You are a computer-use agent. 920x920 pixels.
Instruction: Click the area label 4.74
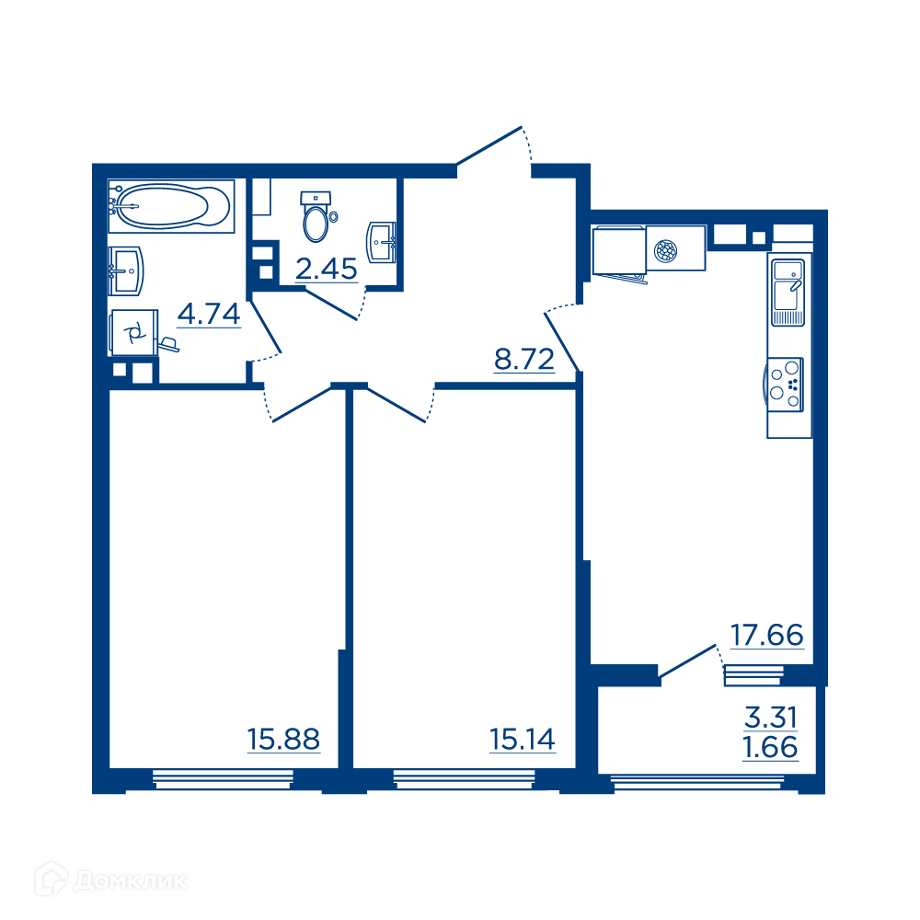(209, 314)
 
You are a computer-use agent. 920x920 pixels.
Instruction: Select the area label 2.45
(327, 270)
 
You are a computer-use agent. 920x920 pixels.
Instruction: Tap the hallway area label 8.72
(524, 359)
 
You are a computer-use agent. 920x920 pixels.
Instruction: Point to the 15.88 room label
(283, 740)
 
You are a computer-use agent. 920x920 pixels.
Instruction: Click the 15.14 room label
(523, 740)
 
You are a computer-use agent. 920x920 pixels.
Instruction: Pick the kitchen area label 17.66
(767, 636)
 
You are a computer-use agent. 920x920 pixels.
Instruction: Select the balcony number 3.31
(770, 718)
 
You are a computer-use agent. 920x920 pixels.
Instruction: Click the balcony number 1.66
(770, 747)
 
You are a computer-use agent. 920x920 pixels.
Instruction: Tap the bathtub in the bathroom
(171, 206)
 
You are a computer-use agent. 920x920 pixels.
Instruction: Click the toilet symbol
(316, 216)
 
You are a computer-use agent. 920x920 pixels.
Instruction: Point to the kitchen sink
(788, 293)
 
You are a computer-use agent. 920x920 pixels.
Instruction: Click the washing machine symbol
(133, 333)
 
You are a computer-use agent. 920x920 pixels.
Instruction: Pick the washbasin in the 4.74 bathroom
(126, 271)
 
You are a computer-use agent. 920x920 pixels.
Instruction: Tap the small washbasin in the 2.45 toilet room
(381, 242)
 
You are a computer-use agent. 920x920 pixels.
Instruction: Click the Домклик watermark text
(131, 880)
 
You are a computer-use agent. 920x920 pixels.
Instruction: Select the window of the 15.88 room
(223, 778)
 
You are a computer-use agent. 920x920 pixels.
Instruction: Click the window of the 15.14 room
(464, 778)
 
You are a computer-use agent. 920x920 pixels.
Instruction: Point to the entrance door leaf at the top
(489, 145)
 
